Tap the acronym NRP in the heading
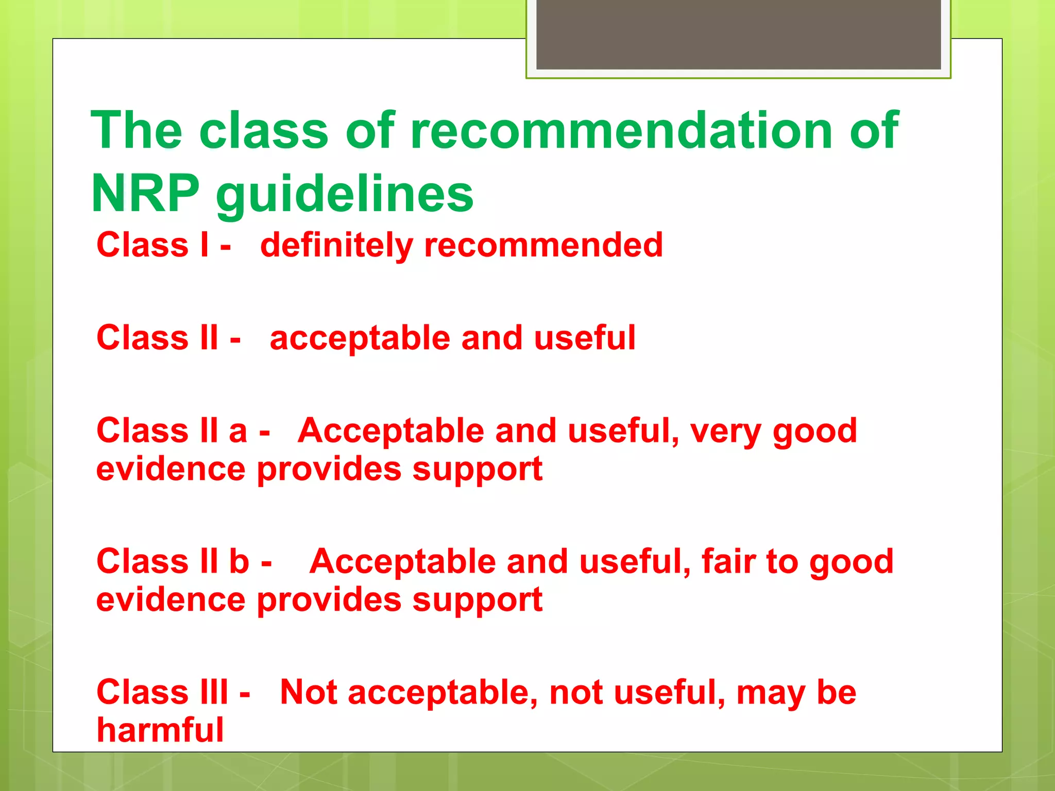point(145,194)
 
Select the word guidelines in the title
point(344,196)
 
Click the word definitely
point(336,246)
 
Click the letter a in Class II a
point(237,431)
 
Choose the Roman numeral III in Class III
point(213,692)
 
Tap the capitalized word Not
point(308,692)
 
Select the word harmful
point(160,730)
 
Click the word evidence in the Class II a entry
point(171,469)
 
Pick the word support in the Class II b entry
point(477,601)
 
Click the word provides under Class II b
point(329,601)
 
